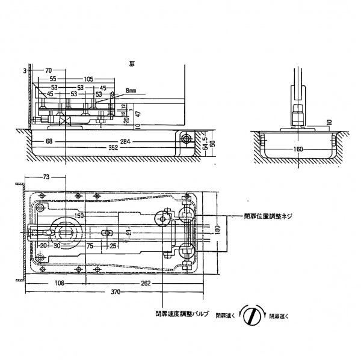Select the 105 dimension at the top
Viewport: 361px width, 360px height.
tap(88, 79)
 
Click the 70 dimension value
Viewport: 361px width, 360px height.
tap(48, 70)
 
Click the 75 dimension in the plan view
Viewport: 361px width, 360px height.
tap(88, 246)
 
